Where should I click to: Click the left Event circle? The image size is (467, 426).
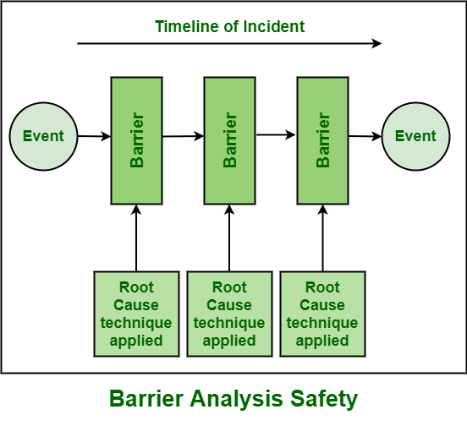[43, 136]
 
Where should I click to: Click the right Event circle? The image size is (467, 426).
[415, 136]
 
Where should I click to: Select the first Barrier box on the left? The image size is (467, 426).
[136, 140]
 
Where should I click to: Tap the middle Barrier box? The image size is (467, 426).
[229, 140]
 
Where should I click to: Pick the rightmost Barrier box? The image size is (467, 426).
[322, 140]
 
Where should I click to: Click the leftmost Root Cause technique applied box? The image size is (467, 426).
[136, 313]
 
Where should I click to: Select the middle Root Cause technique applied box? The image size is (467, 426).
[229, 313]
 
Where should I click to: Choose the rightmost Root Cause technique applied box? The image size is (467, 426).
[322, 313]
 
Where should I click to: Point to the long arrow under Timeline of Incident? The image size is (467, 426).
[228, 42]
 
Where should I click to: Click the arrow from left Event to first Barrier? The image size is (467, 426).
[94, 135]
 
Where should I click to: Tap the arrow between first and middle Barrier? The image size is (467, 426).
[183, 135]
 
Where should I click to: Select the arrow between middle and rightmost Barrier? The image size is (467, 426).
[276, 134]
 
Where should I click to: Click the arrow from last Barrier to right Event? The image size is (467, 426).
[365, 135]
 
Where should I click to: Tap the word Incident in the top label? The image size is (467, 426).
[275, 26]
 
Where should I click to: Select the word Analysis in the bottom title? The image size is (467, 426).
[239, 398]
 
